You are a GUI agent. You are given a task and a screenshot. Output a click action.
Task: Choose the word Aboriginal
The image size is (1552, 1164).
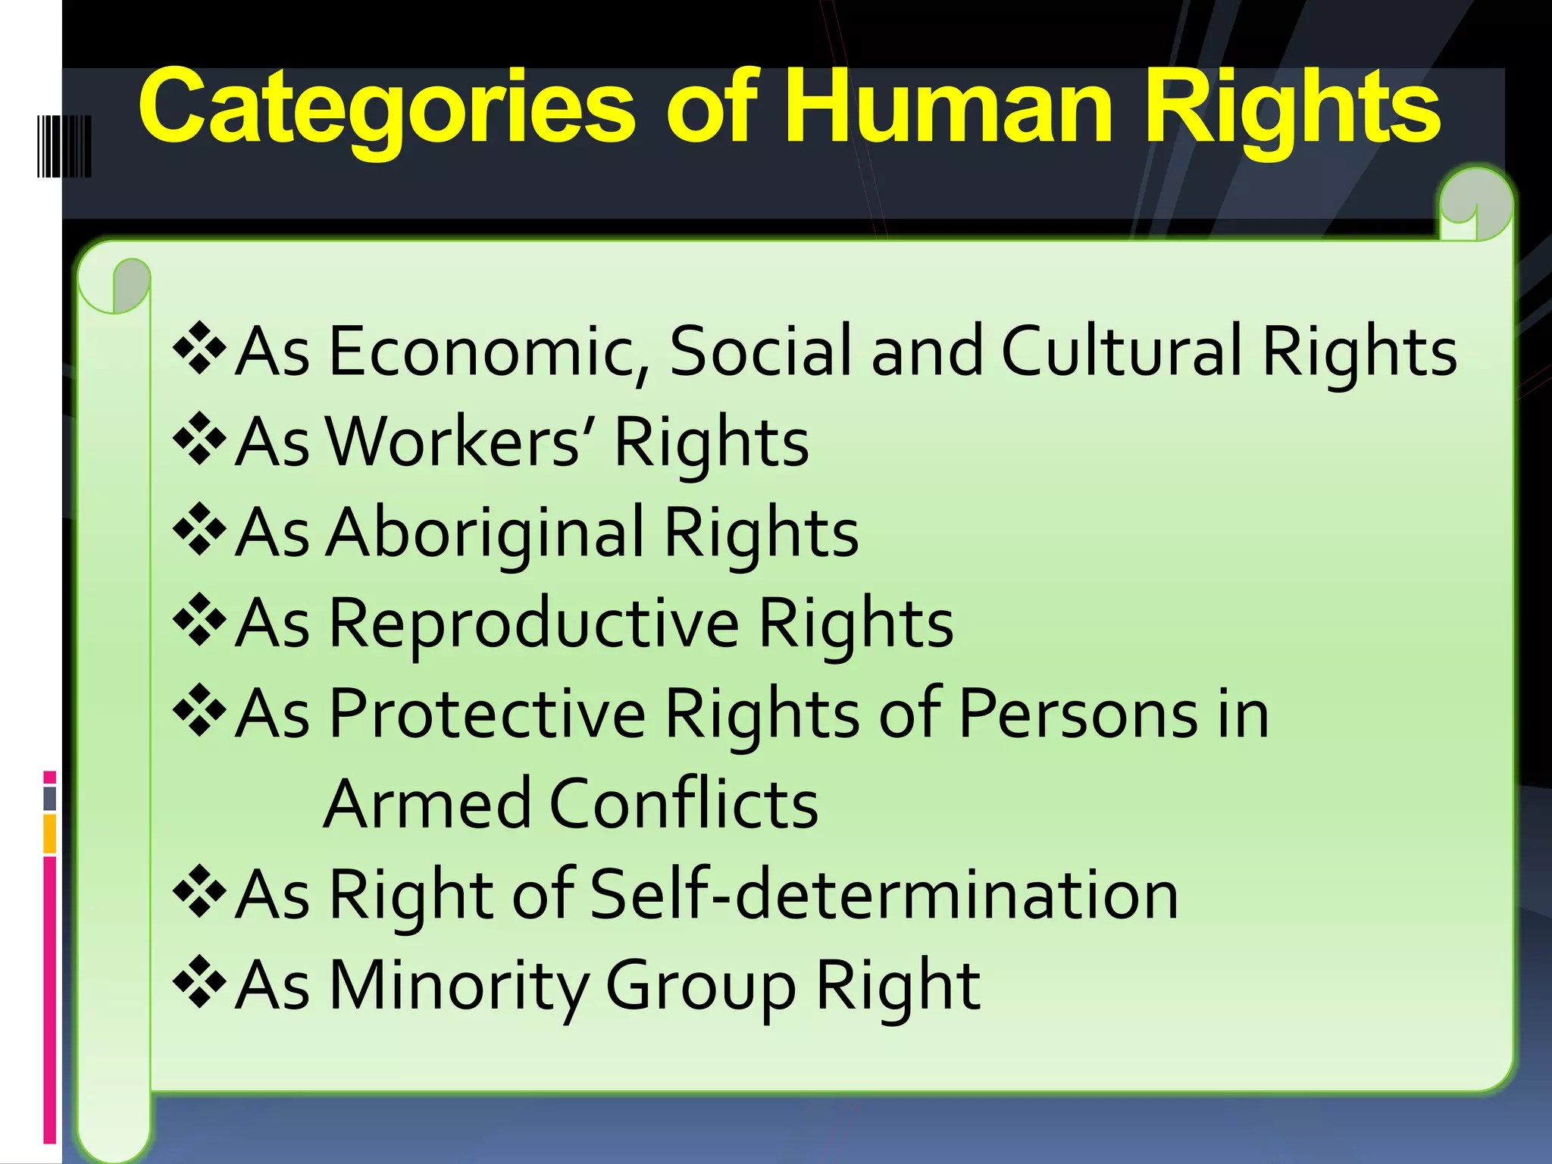click(x=485, y=532)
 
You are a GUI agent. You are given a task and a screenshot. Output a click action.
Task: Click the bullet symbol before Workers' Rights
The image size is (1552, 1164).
click(x=199, y=438)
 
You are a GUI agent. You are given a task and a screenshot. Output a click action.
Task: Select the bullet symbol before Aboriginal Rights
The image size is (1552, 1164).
click(x=199, y=529)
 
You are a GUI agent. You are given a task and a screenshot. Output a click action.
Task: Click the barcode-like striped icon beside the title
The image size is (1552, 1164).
click(x=64, y=146)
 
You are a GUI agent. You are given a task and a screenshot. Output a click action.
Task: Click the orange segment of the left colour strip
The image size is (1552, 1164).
click(x=50, y=833)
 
